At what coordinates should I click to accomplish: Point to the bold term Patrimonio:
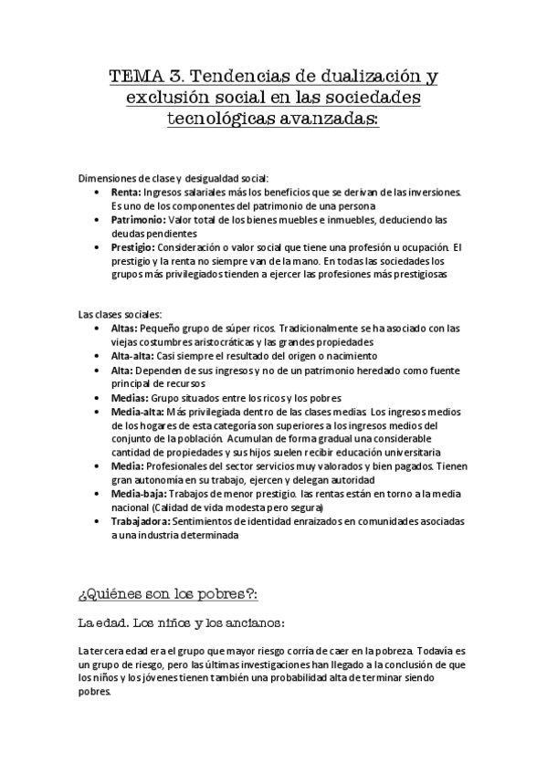[139, 219]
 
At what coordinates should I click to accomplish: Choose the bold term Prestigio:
[134, 246]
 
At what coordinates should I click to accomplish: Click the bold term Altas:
[126, 328]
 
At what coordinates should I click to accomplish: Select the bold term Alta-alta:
[134, 355]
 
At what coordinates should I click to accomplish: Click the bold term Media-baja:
[137, 494]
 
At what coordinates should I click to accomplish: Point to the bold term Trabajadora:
[142, 521]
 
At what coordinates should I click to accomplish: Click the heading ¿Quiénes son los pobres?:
[169, 593]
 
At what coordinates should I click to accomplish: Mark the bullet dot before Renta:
[99, 192]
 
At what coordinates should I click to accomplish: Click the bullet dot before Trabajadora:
[99, 522]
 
